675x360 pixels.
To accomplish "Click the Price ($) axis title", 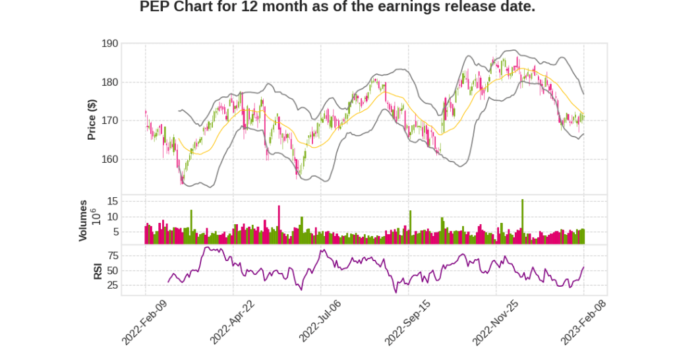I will [x=92, y=119].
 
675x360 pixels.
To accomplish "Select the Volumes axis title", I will [x=83, y=220].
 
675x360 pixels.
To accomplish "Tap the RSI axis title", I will [x=97, y=270].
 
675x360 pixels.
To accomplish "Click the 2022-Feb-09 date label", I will [x=145, y=321].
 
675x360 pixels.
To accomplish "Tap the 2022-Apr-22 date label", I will [x=233, y=321].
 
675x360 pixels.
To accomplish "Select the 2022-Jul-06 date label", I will [x=320, y=321].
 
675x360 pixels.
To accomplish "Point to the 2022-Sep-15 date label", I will [x=408, y=321].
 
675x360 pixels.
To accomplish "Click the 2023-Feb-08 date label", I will [x=583, y=321].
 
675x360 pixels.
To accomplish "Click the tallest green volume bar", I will [x=522, y=221].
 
